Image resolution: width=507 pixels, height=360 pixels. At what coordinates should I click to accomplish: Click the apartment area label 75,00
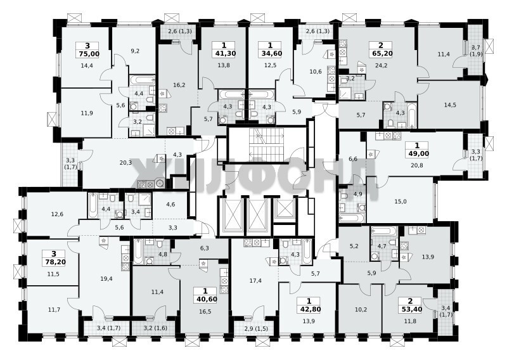[87, 54]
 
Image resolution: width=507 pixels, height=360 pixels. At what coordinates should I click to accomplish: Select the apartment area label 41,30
[224, 53]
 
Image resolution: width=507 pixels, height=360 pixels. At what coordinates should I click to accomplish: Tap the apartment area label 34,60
[270, 53]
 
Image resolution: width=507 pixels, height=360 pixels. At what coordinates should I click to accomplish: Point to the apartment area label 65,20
[381, 53]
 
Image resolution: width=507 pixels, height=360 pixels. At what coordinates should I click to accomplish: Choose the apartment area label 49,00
[417, 154]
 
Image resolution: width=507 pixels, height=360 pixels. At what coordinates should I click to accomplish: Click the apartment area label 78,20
[54, 262]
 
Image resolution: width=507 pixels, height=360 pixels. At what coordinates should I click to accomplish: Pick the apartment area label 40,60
[205, 300]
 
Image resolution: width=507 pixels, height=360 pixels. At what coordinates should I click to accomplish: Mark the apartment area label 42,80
[309, 309]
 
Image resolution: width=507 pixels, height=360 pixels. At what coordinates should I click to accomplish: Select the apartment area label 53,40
[410, 309]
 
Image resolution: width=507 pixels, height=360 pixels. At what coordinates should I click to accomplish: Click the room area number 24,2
[381, 65]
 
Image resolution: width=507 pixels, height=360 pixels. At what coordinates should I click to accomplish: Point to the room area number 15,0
[401, 202]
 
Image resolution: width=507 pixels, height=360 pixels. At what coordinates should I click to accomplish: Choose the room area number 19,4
[106, 278]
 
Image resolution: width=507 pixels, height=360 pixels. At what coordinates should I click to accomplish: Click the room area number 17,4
[255, 281]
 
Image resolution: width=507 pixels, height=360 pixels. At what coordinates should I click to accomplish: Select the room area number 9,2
[136, 51]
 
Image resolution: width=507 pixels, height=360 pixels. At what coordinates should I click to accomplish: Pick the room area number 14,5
[450, 105]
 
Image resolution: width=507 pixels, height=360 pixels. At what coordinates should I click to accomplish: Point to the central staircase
[266, 145]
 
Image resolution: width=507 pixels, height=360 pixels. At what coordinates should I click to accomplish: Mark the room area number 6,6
[354, 159]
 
